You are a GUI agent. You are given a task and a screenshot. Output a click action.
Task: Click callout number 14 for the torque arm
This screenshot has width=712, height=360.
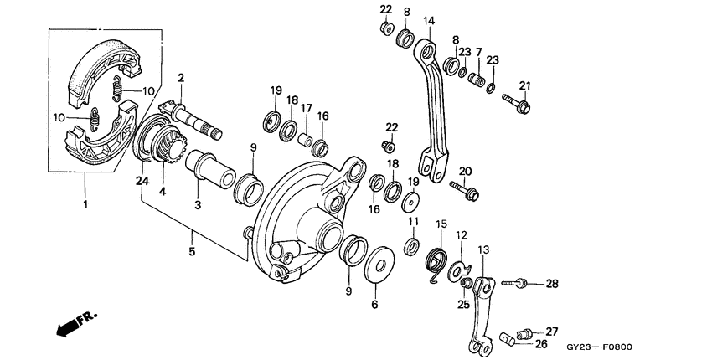(429, 20)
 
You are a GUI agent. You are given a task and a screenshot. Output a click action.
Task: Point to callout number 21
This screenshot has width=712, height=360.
(525, 85)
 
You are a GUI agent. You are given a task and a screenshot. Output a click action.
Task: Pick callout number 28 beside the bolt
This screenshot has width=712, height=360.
(551, 284)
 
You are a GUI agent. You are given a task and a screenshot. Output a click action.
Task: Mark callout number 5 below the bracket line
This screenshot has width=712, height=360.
(192, 250)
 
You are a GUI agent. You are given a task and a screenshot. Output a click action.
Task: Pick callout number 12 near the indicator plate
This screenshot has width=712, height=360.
(461, 236)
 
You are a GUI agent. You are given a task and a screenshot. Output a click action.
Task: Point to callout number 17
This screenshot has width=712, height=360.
(307, 107)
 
